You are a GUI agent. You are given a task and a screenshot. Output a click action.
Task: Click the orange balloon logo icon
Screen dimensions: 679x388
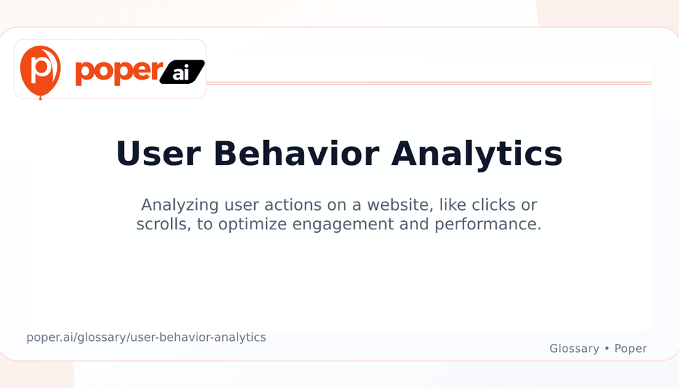point(40,72)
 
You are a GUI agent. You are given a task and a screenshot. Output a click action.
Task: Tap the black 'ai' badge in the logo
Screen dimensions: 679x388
point(182,72)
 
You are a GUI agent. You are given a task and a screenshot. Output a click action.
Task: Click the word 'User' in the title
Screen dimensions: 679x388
point(158,154)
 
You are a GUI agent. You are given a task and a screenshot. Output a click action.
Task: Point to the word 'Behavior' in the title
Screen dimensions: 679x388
point(297,154)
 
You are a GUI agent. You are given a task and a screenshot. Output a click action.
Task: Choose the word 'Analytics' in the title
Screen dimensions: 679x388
point(477,155)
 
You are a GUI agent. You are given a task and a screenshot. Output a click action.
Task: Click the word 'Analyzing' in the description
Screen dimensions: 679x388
point(179,205)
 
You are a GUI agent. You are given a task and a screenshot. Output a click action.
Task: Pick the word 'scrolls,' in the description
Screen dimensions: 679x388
point(164,224)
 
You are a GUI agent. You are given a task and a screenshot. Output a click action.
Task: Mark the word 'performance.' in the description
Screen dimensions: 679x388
point(488,224)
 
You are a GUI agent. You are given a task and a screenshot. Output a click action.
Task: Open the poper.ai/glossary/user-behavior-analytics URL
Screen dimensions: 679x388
point(146,337)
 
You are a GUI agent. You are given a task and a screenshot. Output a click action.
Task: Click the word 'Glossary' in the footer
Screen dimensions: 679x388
point(574,349)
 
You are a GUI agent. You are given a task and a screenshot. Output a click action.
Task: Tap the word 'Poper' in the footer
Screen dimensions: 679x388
point(630,349)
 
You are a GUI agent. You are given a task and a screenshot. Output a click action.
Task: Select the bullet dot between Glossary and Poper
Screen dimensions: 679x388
point(607,349)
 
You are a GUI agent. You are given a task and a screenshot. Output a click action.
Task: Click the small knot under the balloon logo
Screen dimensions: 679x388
point(40,98)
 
